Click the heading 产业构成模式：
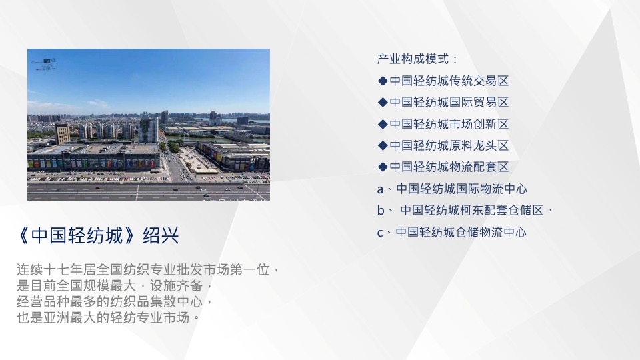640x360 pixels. pyautogui.click(x=417, y=59)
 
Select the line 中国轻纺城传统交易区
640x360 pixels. pyautogui.click(x=449, y=81)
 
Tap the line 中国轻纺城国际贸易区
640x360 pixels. pyautogui.click(x=449, y=102)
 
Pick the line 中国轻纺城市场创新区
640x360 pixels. pyautogui.click(x=449, y=124)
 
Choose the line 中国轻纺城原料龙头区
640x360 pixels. pyautogui.click(x=449, y=145)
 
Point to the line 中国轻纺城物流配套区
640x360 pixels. pyautogui.click(x=449, y=167)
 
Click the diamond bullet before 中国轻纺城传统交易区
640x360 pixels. pyautogui.click(x=383, y=81)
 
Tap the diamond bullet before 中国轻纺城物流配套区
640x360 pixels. pyautogui.click(x=383, y=167)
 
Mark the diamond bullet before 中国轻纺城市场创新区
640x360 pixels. pyautogui.click(x=383, y=124)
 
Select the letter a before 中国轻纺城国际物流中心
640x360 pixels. pyautogui.click(x=381, y=189)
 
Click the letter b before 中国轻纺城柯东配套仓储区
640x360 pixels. pyautogui.click(x=381, y=211)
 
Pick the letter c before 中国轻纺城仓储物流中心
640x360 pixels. pyautogui.click(x=380, y=233)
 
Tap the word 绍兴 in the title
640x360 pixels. pyautogui.click(x=165, y=236)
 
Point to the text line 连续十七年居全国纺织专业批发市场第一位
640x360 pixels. pyautogui.click(x=143, y=271)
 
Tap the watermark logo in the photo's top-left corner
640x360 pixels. pyautogui.click(x=45, y=64)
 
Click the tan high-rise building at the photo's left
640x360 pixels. pyautogui.click(x=62, y=133)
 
